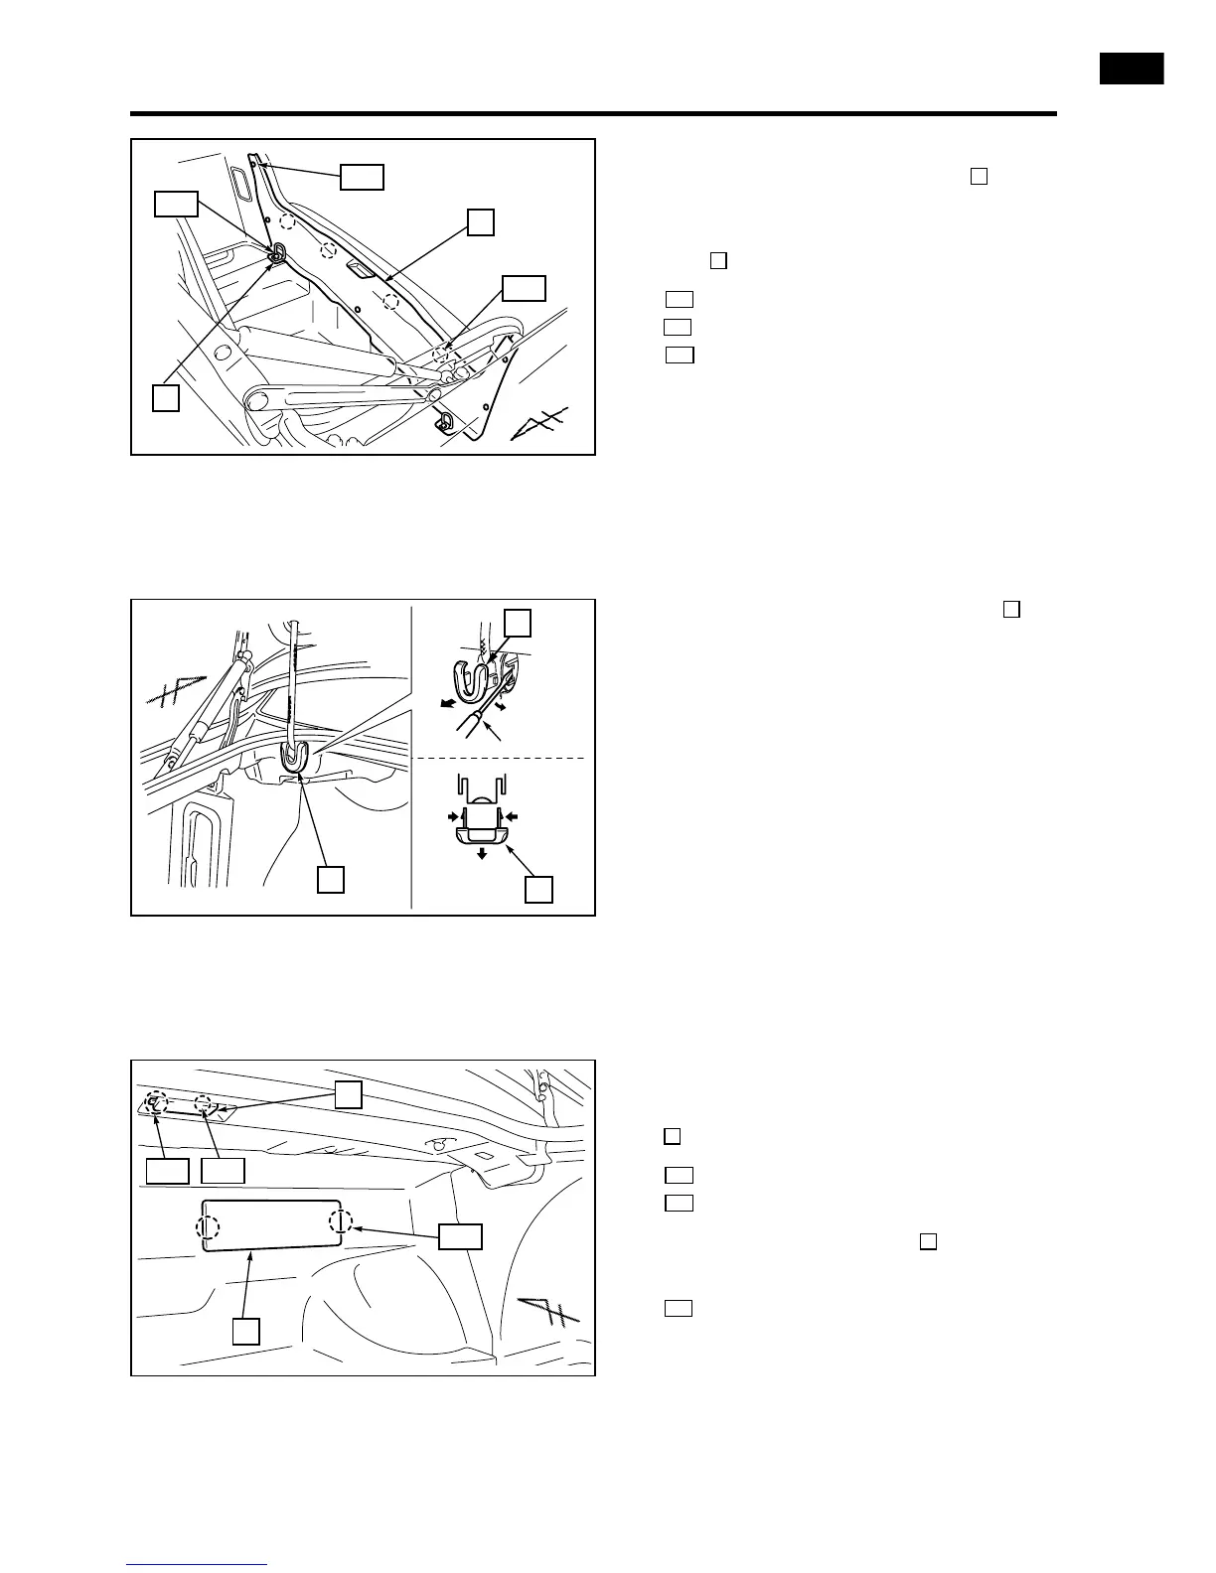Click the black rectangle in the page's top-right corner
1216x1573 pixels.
(x=1131, y=70)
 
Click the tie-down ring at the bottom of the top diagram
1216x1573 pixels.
(x=445, y=422)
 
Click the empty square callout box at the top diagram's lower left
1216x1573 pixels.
(x=166, y=398)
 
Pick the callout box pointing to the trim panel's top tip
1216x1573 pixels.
(x=362, y=177)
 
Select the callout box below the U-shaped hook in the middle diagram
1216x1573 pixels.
(x=331, y=879)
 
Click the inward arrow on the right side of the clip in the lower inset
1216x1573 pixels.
(x=512, y=816)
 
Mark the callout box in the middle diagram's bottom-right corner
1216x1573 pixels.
(x=538, y=889)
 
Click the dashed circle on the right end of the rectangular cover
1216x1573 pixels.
(x=341, y=1220)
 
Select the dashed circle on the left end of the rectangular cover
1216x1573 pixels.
(x=208, y=1227)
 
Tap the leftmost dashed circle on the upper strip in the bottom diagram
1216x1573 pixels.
(x=154, y=1101)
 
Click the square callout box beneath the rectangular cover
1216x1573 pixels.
(x=246, y=1331)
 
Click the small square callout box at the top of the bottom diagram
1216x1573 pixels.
(x=347, y=1094)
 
